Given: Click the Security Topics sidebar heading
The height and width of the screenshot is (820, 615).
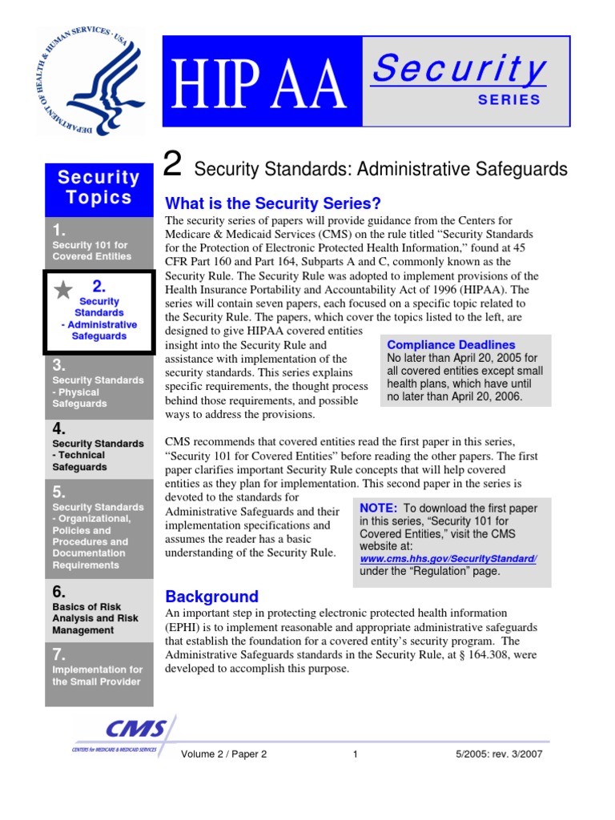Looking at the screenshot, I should coord(98,187).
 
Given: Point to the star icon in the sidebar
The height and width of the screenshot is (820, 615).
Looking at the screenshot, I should coord(62,290).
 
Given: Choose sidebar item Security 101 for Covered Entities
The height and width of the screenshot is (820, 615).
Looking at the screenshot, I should coord(91,250).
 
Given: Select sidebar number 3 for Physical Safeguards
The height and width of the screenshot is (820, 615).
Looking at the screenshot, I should coord(59,364).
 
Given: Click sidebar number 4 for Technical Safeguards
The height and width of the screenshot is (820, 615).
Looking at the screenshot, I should coord(59,428).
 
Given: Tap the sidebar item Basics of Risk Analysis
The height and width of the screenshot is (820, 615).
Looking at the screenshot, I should coord(94,618).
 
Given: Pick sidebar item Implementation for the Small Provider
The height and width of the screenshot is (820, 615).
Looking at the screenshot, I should coord(96,675).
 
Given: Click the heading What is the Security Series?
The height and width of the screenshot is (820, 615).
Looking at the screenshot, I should coord(272,203).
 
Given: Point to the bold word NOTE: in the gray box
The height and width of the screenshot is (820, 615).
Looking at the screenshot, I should coord(378,508).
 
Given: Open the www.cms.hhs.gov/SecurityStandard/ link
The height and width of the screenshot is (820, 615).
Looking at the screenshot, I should coord(448,558).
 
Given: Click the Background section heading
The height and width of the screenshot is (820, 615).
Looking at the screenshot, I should coord(211,597).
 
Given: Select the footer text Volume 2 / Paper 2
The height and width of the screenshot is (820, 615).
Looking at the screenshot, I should coord(224,754).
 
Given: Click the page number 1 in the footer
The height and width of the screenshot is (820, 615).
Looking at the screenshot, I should coord(355,754).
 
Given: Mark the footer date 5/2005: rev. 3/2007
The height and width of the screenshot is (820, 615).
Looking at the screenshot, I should coord(498,754).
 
